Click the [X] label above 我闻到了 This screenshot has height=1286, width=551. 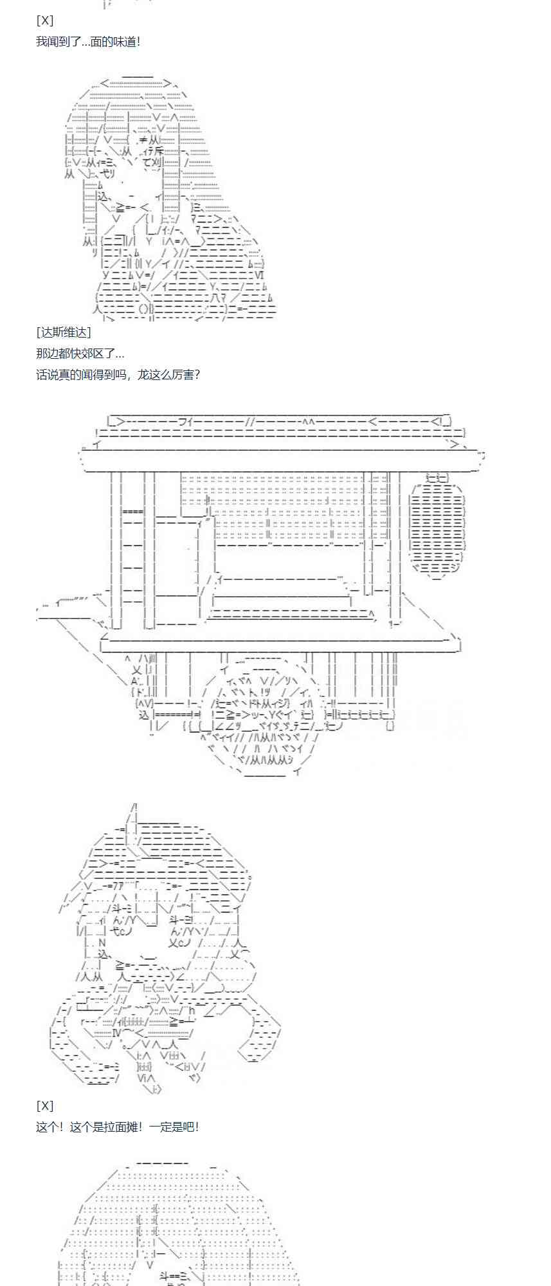[45, 21]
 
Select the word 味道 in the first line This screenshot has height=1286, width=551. [120, 42]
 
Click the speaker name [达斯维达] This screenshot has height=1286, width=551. [64, 332]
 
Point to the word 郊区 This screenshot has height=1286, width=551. [96, 354]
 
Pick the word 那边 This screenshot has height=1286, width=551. [47, 354]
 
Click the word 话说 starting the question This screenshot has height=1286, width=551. [47, 374]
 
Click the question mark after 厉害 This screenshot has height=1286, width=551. [197, 374]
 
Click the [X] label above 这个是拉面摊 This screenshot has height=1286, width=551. [45, 1105]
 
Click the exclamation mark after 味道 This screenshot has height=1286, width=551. [138, 42]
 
